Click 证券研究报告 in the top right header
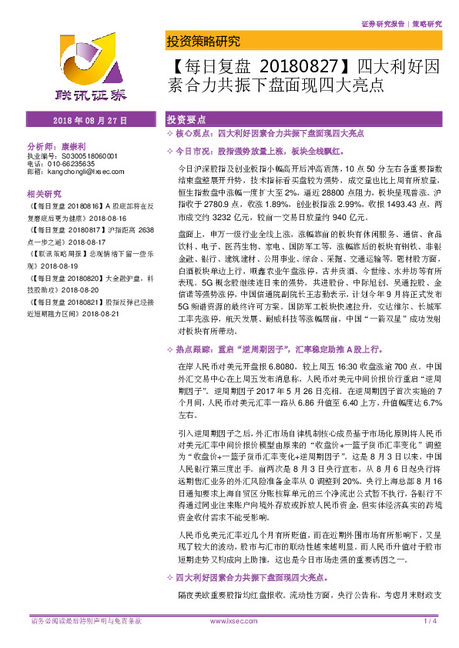point(382,24)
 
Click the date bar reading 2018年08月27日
point(90,121)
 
